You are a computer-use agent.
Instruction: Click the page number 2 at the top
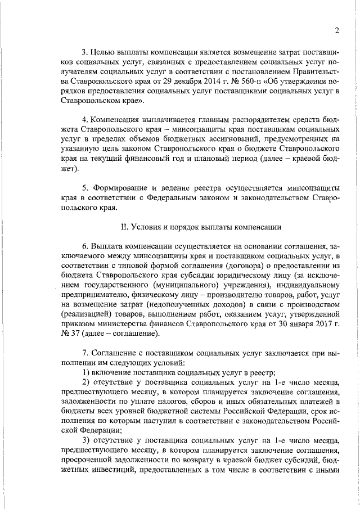pos(336,30)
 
